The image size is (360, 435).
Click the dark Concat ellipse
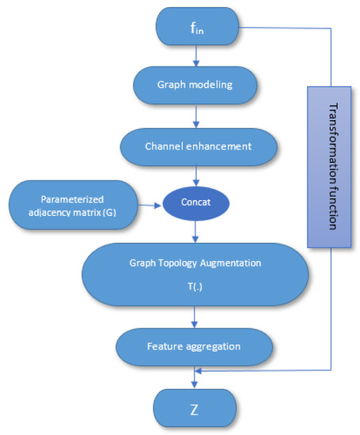coord(195,204)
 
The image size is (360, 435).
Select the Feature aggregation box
coord(195,346)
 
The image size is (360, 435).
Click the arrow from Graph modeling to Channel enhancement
coord(195,115)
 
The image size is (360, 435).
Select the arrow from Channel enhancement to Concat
coord(195,175)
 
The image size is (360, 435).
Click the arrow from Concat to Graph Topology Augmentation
coord(195,232)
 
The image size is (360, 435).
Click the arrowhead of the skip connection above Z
coord(199,370)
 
